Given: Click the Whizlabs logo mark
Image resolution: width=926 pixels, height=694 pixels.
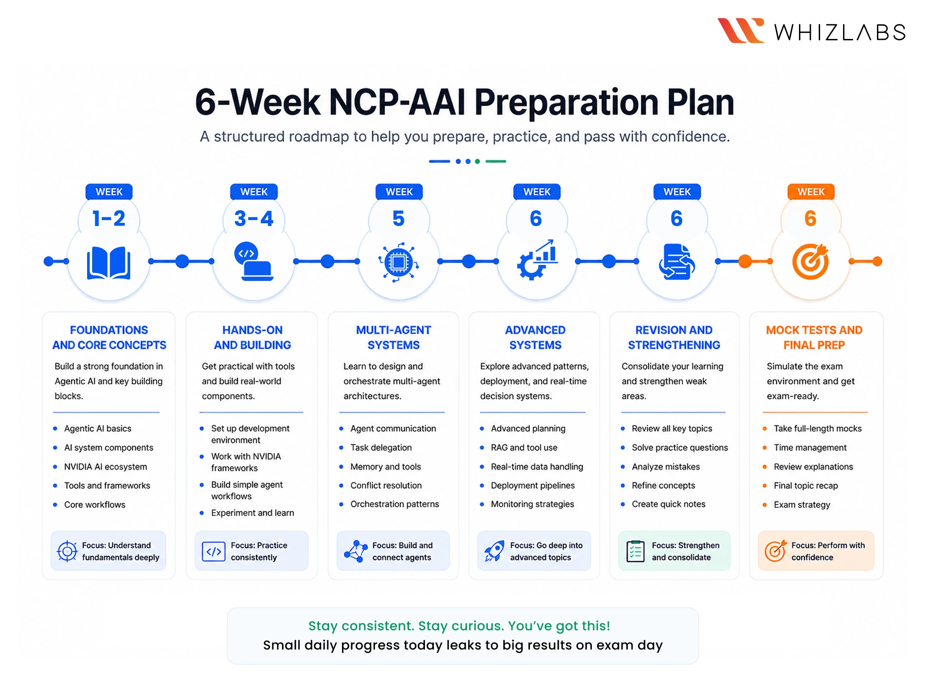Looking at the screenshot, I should point(740,31).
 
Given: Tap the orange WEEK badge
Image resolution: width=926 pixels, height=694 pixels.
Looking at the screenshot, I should point(810,192).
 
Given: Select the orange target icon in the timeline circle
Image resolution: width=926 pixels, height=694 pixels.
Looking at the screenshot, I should point(810,262).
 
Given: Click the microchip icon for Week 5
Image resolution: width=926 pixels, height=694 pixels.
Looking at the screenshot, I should point(398,262).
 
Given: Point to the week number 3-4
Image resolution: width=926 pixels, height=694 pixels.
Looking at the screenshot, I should point(254,219).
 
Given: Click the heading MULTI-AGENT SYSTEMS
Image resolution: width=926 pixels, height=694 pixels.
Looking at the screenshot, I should point(393,337).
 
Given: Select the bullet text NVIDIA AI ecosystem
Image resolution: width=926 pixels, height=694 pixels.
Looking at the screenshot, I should point(105,467).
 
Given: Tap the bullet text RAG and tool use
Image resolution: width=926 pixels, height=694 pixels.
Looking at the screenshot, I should point(524,447).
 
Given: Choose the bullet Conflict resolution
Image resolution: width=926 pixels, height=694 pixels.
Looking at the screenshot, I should point(386,485).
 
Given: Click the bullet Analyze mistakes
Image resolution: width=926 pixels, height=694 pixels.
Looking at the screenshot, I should point(666,467).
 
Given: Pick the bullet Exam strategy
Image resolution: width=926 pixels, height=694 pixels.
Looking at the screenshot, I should point(802,505).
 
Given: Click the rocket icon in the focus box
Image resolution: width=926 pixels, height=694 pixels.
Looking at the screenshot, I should point(495,551).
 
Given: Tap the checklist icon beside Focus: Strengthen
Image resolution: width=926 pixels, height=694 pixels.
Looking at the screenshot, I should point(635,551).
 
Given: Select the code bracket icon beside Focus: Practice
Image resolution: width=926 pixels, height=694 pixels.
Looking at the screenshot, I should point(214,551).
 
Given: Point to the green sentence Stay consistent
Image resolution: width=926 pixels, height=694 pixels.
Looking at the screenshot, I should point(459,626).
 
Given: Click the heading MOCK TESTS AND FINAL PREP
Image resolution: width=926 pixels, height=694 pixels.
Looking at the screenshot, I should point(814,337).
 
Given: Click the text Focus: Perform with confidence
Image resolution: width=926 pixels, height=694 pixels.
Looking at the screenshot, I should point(827,551).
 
